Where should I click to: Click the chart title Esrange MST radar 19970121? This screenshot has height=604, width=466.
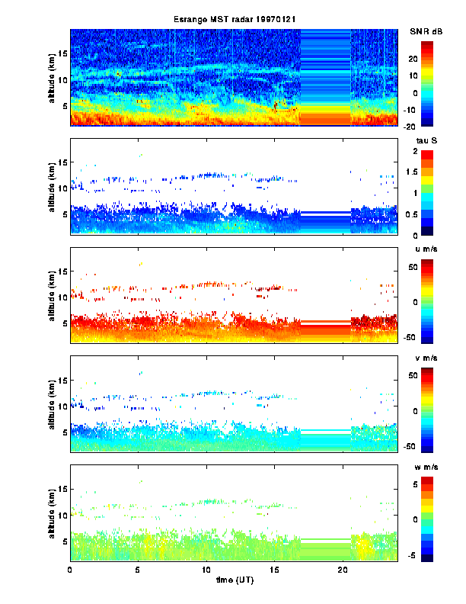click(x=233, y=19)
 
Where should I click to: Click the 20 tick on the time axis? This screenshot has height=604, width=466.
click(x=343, y=570)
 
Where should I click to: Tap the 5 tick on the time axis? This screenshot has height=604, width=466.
click(x=138, y=570)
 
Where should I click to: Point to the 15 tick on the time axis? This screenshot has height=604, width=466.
click(x=274, y=570)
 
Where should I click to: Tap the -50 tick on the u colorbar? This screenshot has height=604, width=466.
click(x=426, y=336)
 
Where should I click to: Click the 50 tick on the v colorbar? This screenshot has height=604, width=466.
click(x=426, y=376)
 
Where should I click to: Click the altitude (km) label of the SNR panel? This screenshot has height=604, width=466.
click(x=51, y=77)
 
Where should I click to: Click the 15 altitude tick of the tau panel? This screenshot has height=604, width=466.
click(x=63, y=162)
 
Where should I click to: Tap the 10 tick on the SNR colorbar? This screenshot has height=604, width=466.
click(x=425, y=75)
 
